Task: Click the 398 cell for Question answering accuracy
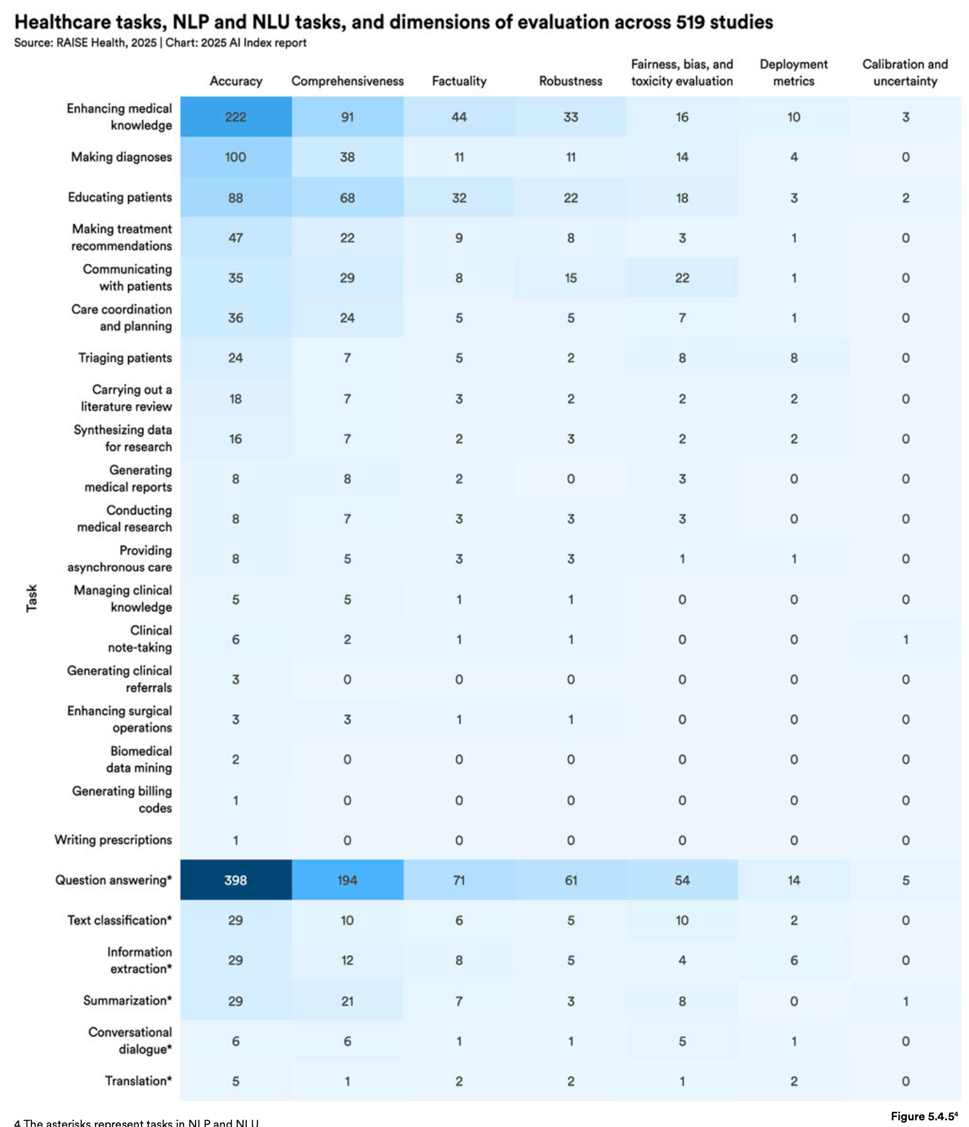click(x=236, y=880)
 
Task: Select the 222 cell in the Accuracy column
click(x=236, y=117)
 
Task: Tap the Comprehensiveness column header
click(x=347, y=81)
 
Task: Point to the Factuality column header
click(x=458, y=81)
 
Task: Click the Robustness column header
click(x=570, y=81)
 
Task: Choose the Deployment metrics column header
click(x=793, y=73)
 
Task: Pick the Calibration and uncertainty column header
click(x=905, y=73)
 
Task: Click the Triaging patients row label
click(x=125, y=358)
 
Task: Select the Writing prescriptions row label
click(x=113, y=840)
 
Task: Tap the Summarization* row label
click(x=127, y=1000)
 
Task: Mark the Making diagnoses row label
click(x=121, y=157)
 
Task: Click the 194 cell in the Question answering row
click(x=347, y=880)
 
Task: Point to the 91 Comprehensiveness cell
click(x=347, y=117)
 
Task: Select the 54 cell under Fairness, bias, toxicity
click(x=682, y=880)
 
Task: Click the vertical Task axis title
click(x=31, y=598)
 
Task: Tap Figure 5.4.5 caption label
click(x=924, y=1116)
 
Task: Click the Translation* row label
click(x=138, y=1080)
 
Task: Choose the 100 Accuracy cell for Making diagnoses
click(x=236, y=157)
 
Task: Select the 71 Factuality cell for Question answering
click(x=458, y=880)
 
